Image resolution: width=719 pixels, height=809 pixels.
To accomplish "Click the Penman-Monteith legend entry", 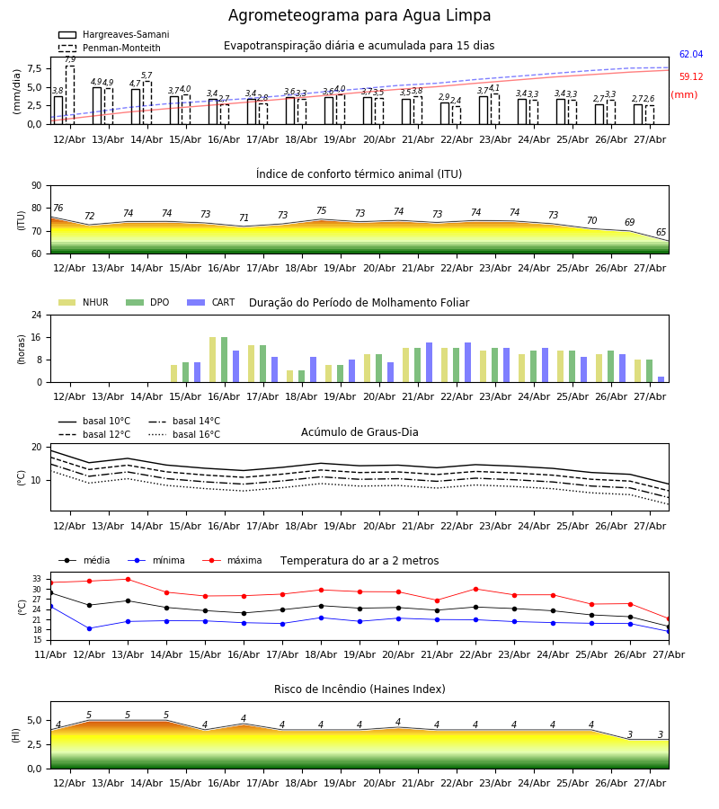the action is point(110,48).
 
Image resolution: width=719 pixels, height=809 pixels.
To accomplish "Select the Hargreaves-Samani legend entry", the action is point(113,34).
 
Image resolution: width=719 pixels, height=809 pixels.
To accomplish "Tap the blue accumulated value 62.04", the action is point(691,54).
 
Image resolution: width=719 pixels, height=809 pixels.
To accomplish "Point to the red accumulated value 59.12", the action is point(691,77).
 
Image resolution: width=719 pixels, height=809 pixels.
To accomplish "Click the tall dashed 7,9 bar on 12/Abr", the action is point(70,95).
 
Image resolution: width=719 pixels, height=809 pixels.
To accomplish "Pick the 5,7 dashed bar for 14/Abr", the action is point(147,102).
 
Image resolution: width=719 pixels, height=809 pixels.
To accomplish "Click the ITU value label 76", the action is point(58,208).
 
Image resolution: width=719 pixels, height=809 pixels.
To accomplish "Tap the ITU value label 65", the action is point(661,232).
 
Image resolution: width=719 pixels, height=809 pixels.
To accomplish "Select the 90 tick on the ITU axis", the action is point(37,186).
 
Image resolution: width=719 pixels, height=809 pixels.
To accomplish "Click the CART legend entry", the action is point(211,302).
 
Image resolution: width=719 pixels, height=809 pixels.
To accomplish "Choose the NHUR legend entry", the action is point(84,302).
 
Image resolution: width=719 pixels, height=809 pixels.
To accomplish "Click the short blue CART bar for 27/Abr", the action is point(661,379).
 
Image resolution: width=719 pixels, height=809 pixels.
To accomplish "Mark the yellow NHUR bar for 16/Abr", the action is point(212,360).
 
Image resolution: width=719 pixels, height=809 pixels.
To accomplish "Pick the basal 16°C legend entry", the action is point(184,434).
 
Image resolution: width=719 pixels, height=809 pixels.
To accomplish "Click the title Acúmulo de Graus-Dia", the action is point(359,432).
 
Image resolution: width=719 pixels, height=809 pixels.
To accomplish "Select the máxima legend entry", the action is point(232,560).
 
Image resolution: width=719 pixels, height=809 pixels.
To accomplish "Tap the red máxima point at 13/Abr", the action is point(128,579).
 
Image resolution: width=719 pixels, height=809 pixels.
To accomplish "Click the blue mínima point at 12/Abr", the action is point(89,628).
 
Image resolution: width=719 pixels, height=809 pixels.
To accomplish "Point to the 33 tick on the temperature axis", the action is point(37,579).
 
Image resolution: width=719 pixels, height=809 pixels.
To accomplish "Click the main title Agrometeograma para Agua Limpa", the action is point(359,15).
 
